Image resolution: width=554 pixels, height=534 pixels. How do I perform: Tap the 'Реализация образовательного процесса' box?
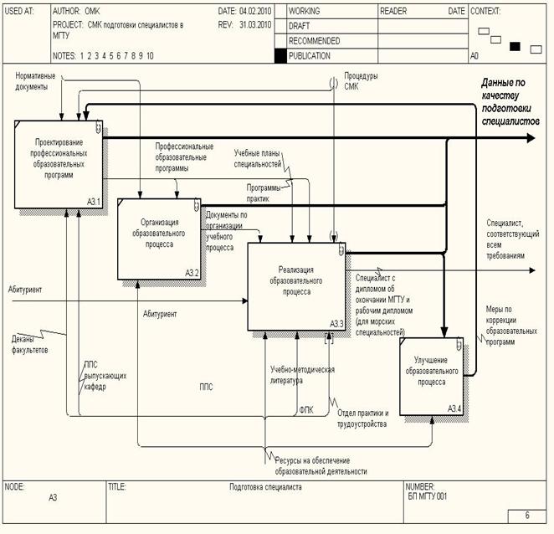(x=295, y=285)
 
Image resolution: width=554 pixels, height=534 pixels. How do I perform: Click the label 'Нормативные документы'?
(x=38, y=82)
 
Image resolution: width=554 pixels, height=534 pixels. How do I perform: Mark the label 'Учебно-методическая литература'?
(x=302, y=374)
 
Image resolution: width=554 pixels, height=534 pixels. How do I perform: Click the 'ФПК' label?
(x=306, y=410)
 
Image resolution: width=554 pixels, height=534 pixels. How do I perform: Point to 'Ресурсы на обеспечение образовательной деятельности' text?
(x=322, y=465)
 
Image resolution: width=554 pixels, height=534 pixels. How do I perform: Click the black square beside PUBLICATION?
(x=280, y=56)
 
